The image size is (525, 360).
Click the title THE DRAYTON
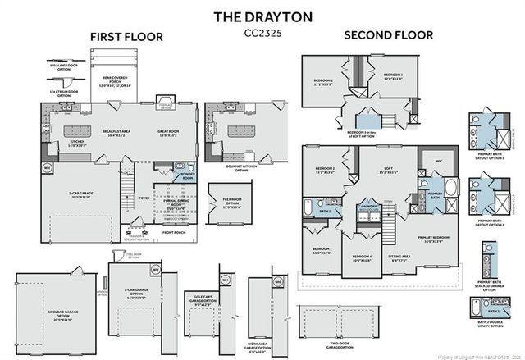pyautogui.click(x=262, y=16)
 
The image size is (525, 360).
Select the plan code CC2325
pyautogui.click(x=262, y=34)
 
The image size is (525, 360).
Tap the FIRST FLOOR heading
pyautogui.click(x=126, y=37)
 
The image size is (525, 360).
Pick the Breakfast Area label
pyautogui.click(x=120, y=132)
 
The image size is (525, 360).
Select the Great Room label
pyautogui.click(x=168, y=132)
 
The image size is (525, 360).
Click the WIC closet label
pyautogui.click(x=438, y=162)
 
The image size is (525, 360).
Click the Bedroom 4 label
pyautogui.click(x=362, y=258)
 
